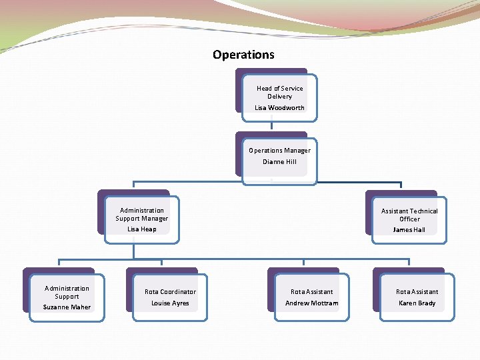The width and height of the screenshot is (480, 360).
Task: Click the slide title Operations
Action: [243, 55]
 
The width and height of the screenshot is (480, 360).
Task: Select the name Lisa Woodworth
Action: [279, 108]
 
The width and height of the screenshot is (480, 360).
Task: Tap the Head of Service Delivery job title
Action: [279, 92]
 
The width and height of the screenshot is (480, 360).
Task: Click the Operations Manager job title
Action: [279, 151]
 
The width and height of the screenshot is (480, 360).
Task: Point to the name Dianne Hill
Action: [279, 162]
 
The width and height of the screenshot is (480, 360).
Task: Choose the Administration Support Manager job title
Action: [142, 215]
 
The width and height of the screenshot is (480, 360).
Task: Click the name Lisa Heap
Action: [142, 229]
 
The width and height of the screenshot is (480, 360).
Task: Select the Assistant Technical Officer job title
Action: [409, 215]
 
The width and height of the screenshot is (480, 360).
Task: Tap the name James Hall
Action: [409, 230]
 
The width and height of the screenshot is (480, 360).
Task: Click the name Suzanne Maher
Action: [67, 307]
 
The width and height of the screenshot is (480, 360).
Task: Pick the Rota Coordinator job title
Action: [170, 292]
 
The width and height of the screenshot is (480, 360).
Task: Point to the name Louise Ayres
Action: [170, 303]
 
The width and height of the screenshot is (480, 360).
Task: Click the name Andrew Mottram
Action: [311, 303]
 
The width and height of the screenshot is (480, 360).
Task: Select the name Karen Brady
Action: [417, 303]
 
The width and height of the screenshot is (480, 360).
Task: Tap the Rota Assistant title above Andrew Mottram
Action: [311, 292]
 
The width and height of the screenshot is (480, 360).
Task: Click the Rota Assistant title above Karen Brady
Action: [417, 292]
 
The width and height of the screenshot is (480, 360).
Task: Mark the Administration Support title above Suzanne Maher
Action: [67, 293]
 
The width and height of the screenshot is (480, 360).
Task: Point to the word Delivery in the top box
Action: [279, 97]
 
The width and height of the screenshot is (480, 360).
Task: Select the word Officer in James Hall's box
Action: [409, 219]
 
